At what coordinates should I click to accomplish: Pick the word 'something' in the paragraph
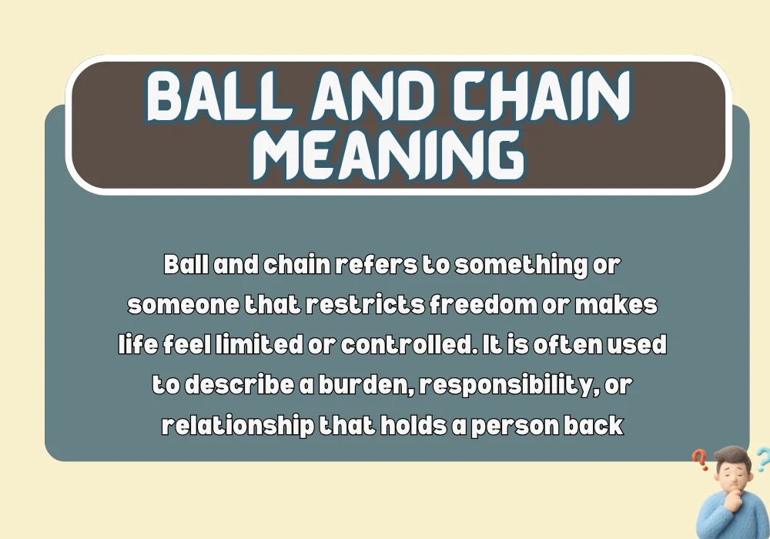coord(524,265)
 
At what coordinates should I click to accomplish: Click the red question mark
coord(700,460)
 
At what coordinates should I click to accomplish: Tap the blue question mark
coord(762,460)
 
